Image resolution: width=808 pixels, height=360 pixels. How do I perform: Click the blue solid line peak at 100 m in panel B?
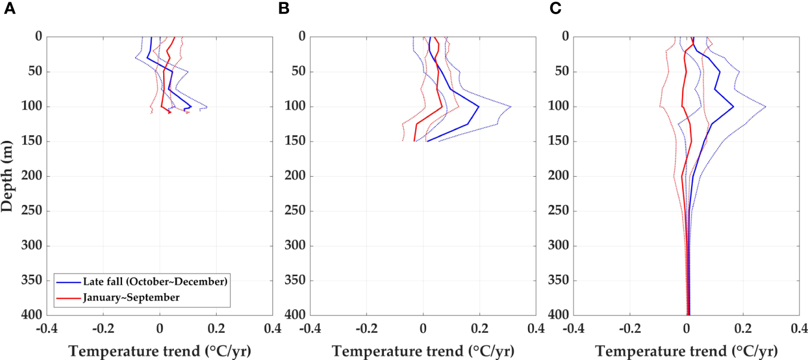click(479, 107)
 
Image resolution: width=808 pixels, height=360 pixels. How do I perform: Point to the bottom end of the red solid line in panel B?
click(415, 141)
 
